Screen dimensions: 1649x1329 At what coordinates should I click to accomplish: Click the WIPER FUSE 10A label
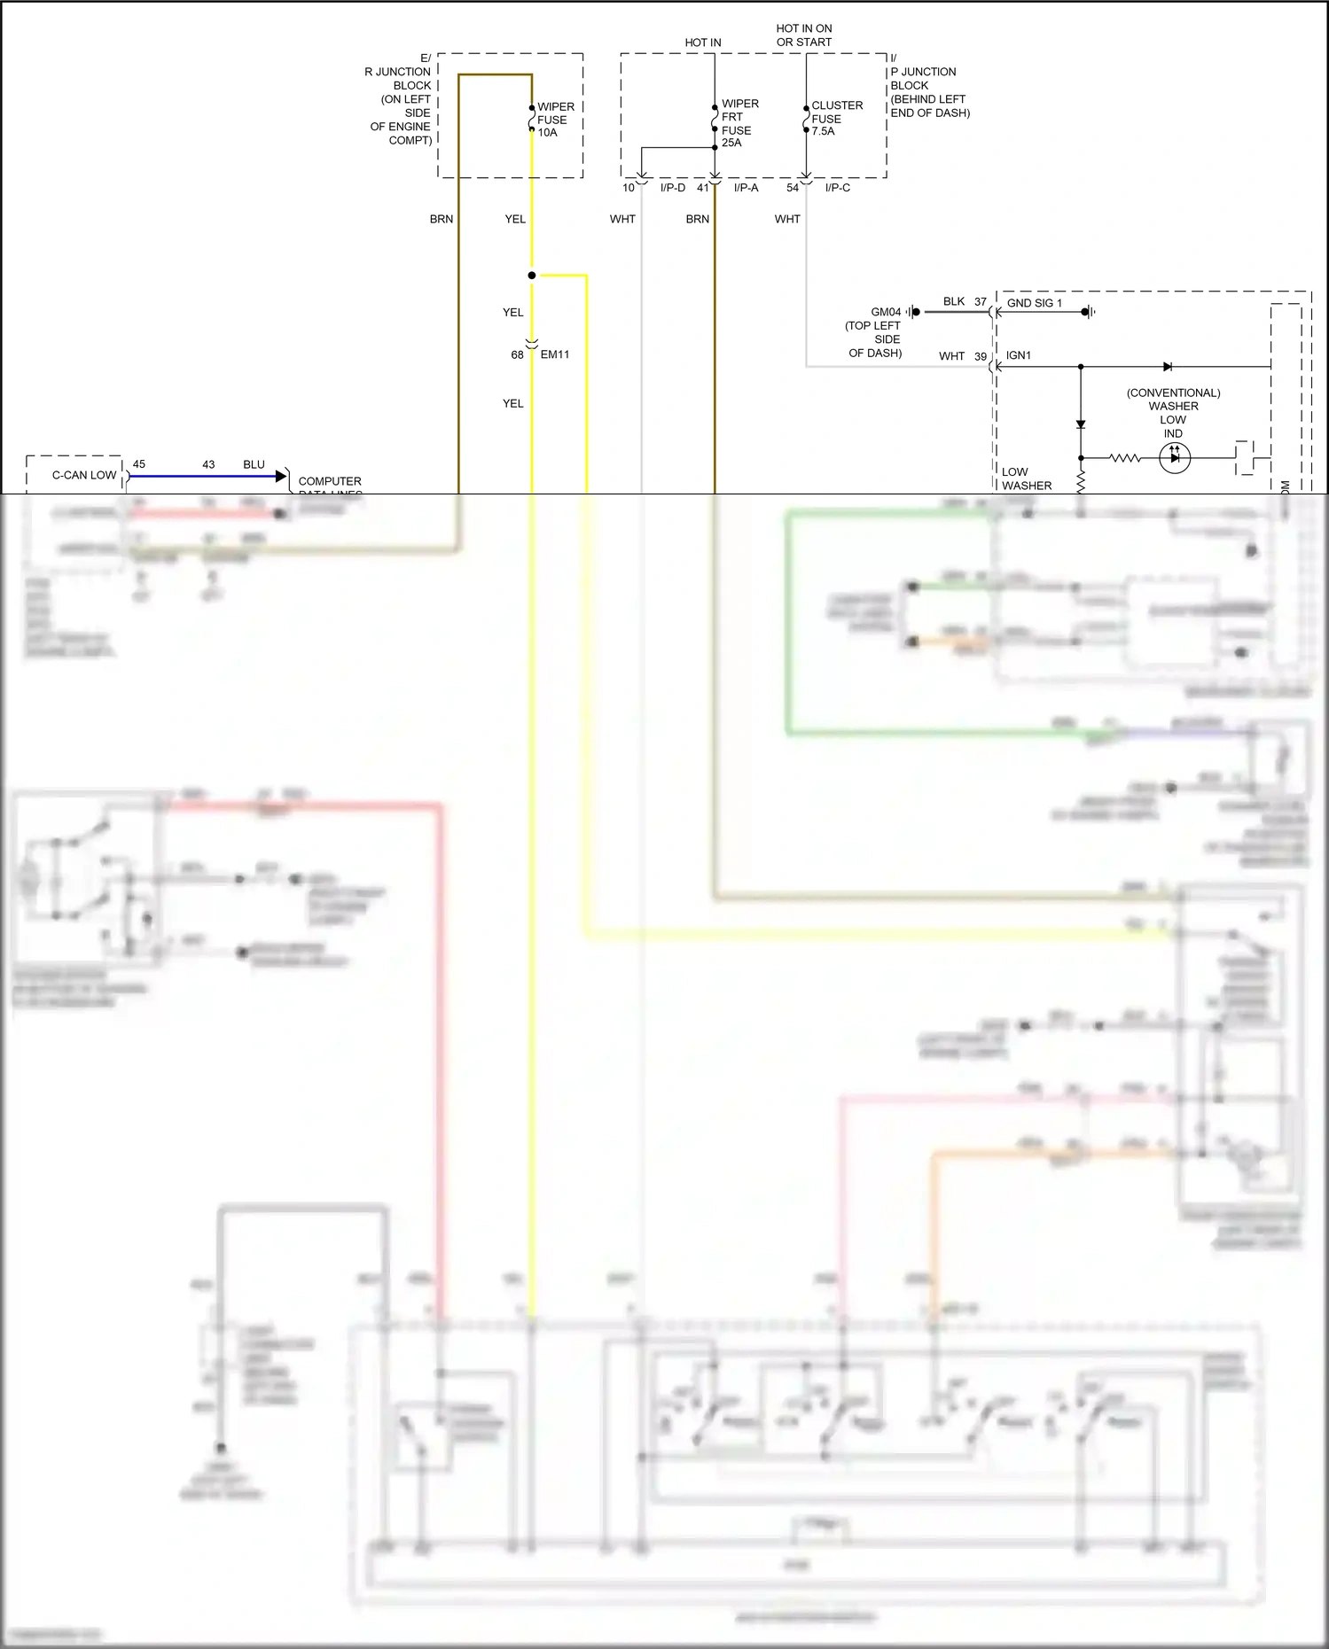555,120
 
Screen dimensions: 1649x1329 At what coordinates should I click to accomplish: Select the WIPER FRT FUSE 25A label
739,123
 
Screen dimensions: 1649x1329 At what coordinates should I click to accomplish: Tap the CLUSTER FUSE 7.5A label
836,118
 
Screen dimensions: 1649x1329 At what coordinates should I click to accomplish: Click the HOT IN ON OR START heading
803,35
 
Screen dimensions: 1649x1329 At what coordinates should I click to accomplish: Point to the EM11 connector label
555,354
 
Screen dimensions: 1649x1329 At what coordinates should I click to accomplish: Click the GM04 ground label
885,312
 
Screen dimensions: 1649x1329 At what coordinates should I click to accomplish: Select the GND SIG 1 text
1034,303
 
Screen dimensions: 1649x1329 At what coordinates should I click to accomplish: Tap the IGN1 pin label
1018,355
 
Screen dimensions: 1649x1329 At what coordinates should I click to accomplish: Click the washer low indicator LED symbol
1175,458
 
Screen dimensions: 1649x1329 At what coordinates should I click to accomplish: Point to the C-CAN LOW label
84,475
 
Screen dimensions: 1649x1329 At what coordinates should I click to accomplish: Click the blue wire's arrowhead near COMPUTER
281,477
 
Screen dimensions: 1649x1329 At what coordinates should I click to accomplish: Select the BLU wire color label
254,464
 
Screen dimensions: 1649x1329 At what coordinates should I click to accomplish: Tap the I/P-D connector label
672,188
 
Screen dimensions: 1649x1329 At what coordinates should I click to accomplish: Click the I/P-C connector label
837,188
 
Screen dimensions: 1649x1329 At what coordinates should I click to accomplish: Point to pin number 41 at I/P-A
703,188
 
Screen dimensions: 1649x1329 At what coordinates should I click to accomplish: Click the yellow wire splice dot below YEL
532,276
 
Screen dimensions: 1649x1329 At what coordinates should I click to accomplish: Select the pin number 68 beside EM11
517,355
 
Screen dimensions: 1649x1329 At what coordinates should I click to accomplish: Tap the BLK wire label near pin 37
954,301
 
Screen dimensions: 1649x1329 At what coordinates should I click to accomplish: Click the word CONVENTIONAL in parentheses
1173,393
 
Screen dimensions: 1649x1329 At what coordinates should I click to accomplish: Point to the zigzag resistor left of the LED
1124,458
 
